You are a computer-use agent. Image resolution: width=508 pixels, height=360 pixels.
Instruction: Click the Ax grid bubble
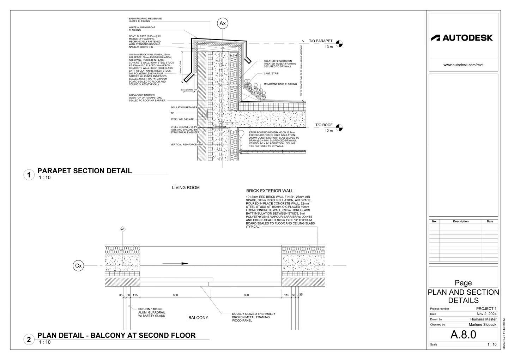(223, 24)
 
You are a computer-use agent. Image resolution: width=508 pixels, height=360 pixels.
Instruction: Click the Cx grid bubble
(79, 266)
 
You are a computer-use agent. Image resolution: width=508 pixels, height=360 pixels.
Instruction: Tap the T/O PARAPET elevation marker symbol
(339, 44)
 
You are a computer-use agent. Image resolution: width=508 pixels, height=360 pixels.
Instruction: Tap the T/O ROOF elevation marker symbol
(339, 128)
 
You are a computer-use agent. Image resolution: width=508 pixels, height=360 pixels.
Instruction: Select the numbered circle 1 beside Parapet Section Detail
(29, 175)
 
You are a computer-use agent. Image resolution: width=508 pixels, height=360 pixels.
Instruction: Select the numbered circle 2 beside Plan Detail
(29, 340)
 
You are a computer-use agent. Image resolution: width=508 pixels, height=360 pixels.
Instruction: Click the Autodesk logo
(462, 38)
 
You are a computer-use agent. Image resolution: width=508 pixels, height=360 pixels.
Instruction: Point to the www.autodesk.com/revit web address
(463, 65)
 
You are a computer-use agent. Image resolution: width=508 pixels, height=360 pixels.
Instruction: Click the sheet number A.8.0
(463, 334)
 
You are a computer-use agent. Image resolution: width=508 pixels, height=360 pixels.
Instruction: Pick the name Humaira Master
(483, 319)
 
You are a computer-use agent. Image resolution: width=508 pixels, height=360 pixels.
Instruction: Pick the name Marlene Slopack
(482, 324)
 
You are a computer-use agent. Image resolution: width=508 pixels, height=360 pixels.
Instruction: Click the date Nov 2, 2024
(486, 314)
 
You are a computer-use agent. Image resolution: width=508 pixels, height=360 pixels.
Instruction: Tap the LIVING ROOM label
(186, 188)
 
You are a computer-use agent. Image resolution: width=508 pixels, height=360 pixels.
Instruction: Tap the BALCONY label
(198, 318)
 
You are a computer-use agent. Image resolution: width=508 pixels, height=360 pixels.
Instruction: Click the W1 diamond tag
(123, 229)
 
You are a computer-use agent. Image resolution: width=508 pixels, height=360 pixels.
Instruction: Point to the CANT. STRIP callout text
(271, 74)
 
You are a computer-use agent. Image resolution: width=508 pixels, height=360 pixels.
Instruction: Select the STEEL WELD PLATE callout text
(182, 119)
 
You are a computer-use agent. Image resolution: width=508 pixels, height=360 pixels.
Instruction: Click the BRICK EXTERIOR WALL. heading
(270, 191)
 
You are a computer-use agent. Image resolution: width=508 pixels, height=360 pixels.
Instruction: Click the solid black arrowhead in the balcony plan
(184, 263)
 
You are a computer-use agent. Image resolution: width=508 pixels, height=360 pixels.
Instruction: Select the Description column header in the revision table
(461, 221)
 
